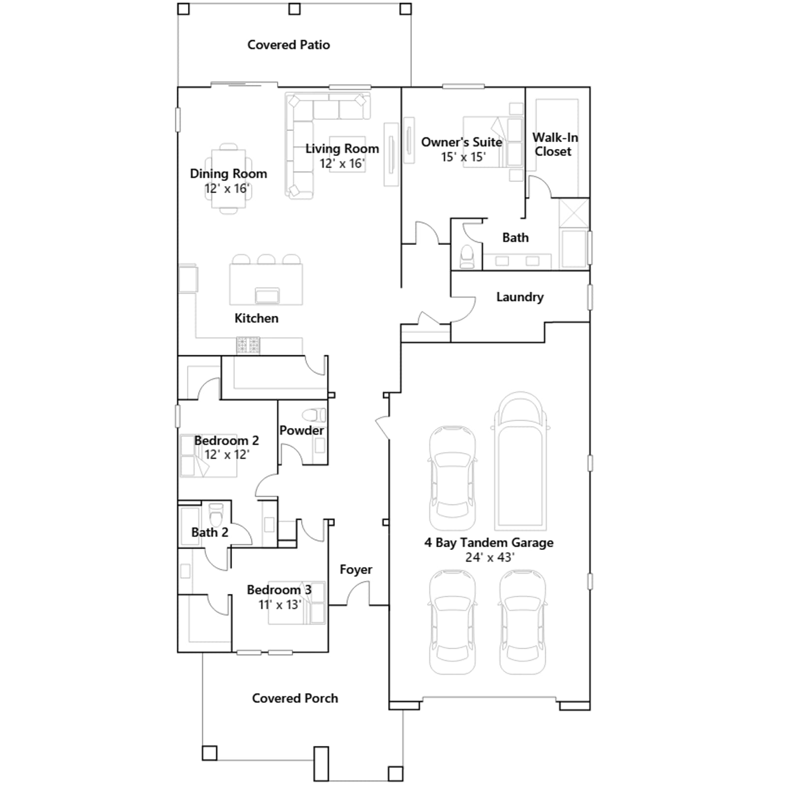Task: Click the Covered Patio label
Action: coord(289,45)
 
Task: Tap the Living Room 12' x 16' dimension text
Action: coord(342,163)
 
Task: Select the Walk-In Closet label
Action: coord(555,145)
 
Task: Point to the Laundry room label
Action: coord(520,297)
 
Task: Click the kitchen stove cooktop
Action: coord(248,345)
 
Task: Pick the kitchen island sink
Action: coord(267,295)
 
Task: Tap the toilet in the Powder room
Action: coord(313,415)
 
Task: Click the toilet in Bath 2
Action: coord(216,514)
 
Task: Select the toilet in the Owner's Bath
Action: coord(467,256)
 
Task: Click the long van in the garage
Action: coord(520,461)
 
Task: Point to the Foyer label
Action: coord(356,570)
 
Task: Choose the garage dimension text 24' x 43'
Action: coord(489,557)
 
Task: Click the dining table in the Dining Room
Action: coord(229,179)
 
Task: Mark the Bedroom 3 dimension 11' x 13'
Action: coord(280,605)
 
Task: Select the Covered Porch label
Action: coord(295,698)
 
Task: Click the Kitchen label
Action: coord(256,318)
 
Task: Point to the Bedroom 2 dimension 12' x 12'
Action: coord(227,454)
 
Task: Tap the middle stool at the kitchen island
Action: coord(266,259)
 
